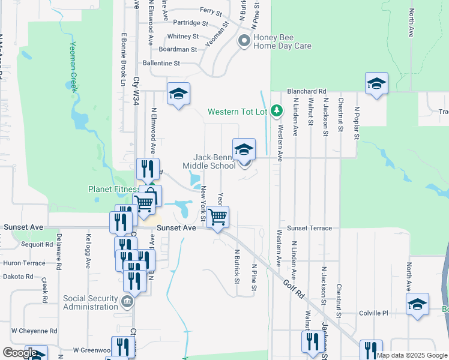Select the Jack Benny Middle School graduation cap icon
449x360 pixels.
tap(244, 149)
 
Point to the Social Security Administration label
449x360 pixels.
tap(91, 302)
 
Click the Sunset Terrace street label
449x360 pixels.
tap(309, 228)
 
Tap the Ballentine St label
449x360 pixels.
tap(161, 63)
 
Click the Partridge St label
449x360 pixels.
tap(190, 23)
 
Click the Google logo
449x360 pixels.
tap(20, 352)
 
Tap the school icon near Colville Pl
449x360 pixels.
tap(417, 304)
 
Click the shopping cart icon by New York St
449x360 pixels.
tap(218, 217)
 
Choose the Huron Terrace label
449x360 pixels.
tap(24, 263)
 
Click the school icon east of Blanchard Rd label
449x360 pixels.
tap(376, 83)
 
